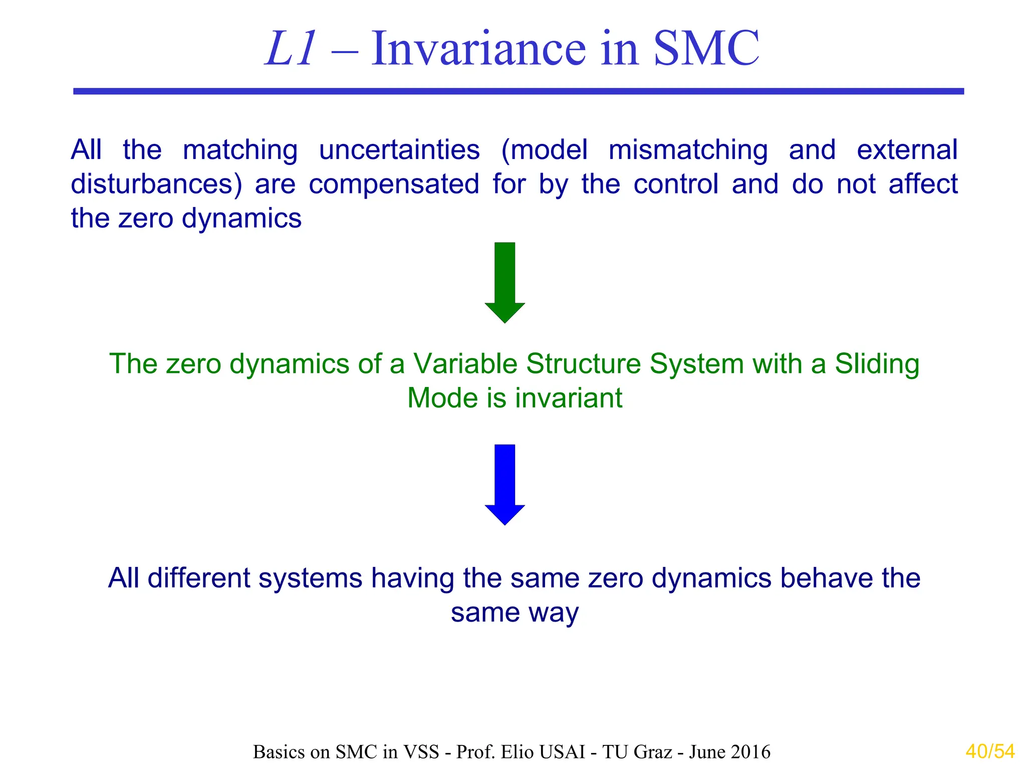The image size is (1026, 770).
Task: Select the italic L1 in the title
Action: [291, 49]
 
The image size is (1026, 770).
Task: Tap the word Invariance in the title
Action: [478, 49]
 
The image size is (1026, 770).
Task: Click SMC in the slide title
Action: [706, 49]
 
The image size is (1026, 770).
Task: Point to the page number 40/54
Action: [990, 751]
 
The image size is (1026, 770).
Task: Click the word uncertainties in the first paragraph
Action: [399, 150]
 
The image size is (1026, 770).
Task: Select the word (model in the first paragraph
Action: [544, 150]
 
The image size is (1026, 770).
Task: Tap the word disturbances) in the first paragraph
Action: [156, 184]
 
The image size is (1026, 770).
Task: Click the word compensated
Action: [394, 184]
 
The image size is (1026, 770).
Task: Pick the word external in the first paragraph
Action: [907, 150]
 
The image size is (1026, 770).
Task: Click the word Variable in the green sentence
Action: [464, 364]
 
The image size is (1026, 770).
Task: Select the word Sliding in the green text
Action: [877, 364]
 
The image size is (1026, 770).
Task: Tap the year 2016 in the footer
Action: [750, 752]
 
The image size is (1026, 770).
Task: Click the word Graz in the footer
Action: [653, 752]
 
